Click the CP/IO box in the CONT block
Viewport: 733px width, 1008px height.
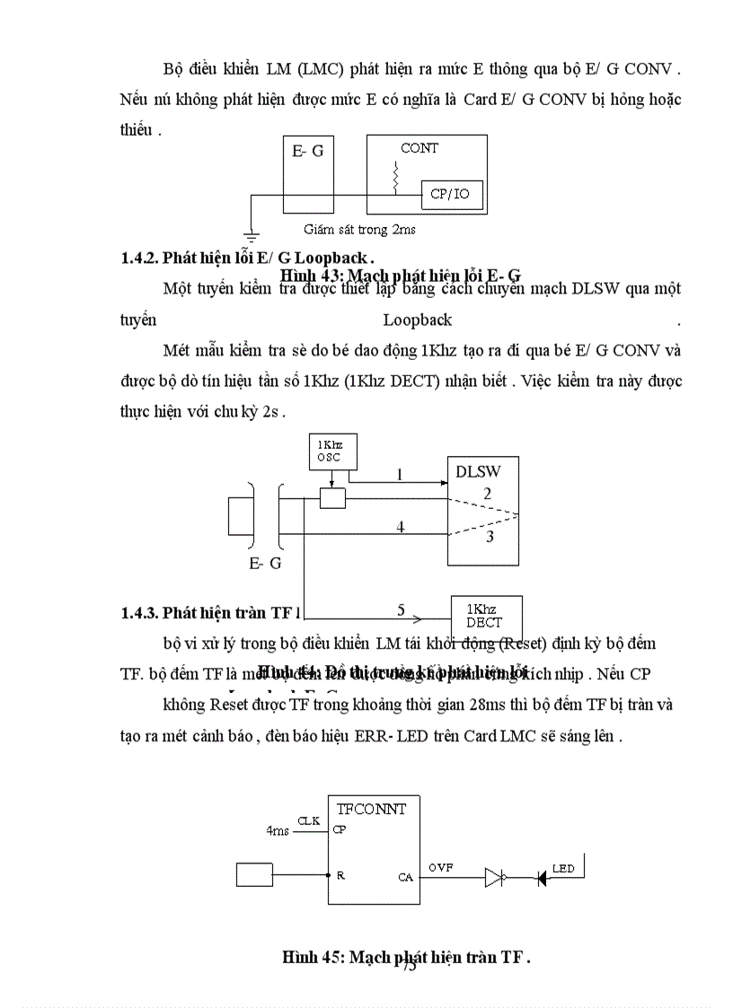coord(451,194)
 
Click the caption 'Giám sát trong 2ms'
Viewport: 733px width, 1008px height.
coord(358,230)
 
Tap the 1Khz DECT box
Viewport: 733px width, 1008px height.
coord(484,616)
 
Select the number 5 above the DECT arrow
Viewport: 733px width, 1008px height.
coord(401,609)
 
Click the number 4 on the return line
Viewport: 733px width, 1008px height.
coord(401,527)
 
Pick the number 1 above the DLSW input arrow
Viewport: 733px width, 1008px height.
coord(400,475)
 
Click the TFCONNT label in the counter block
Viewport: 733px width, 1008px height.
coord(371,809)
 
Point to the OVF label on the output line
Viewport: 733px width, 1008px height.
coord(440,868)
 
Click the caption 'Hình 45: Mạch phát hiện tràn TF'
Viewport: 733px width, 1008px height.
coord(405,957)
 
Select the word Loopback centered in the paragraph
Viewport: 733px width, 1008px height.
coord(417,320)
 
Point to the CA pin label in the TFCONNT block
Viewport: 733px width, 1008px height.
coord(405,877)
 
